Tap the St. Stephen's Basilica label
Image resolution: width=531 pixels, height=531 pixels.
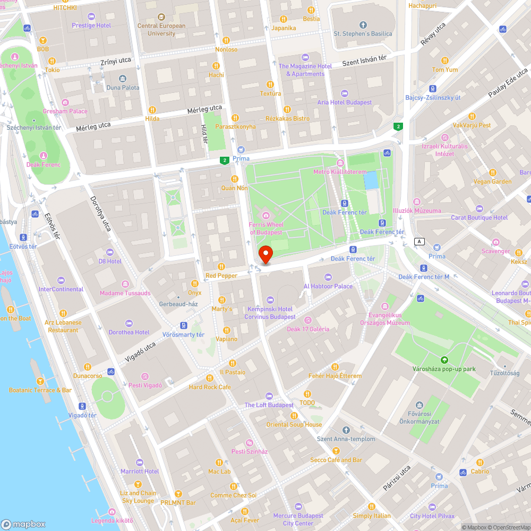pyautogui.click(x=363, y=33)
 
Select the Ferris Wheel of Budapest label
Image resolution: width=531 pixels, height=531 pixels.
pyautogui.click(x=266, y=228)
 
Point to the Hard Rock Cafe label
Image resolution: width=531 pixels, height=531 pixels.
pyautogui.click(x=210, y=387)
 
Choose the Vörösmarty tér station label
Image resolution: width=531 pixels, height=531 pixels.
pyautogui.click(x=183, y=335)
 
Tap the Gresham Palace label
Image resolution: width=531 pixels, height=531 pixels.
pyautogui.click(x=65, y=111)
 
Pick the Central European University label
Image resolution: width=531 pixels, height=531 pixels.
pyautogui.click(x=161, y=29)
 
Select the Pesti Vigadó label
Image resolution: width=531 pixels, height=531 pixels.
pyautogui.click(x=145, y=385)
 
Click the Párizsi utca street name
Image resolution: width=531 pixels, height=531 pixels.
pyautogui.click(x=397, y=478)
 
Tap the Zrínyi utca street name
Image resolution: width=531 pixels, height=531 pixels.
pyautogui.click(x=116, y=63)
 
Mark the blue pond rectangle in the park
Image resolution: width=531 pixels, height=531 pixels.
pyautogui.click(x=371, y=180)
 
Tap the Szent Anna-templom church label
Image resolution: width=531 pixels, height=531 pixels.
pyautogui.click(x=346, y=439)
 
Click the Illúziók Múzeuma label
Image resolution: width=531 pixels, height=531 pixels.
pyautogui.click(x=417, y=210)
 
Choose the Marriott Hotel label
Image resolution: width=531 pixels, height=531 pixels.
pyautogui.click(x=140, y=471)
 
